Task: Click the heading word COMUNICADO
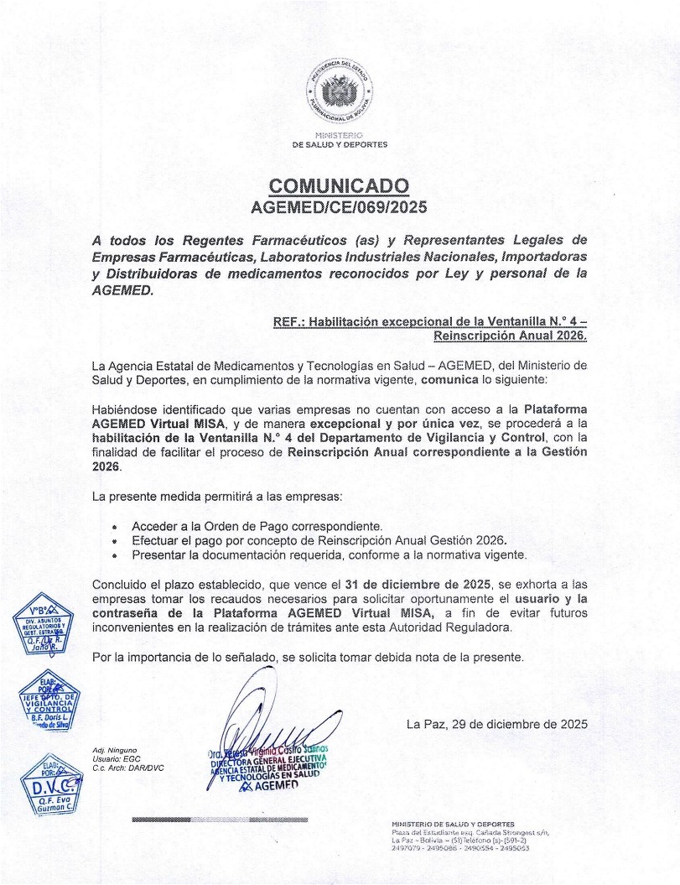tap(340, 185)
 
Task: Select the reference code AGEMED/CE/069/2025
tap(340, 206)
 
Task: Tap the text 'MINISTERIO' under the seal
tap(340, 135)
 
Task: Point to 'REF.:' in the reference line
tap(289, 321)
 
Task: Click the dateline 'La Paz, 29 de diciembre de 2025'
tap(496, 723)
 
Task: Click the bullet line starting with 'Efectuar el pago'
tap(319, 540)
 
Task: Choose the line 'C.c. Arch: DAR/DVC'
tap(128, 768)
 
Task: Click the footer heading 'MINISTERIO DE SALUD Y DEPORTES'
tap(453, 825)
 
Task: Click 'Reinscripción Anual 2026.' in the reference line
tap(510, 336)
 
